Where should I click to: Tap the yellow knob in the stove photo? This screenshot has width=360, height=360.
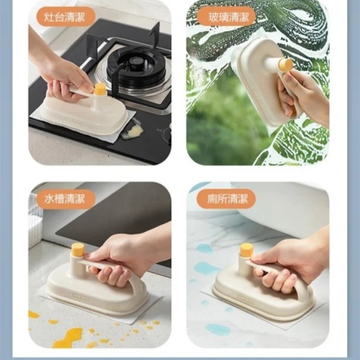point(100,88)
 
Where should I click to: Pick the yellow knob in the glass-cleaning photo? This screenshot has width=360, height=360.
point(285,64)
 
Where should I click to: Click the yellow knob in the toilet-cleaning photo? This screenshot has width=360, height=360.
point(247,251)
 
